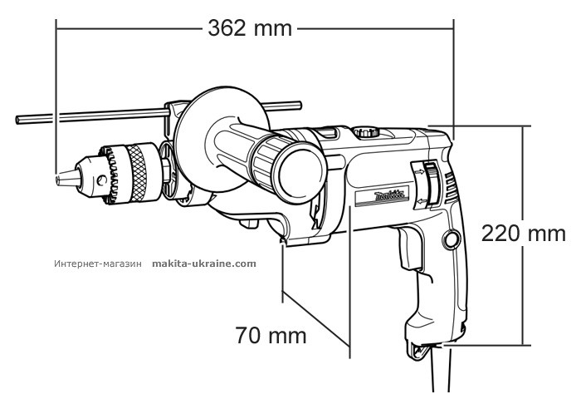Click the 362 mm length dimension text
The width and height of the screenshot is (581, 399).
250,27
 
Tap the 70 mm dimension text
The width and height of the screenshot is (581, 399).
271,336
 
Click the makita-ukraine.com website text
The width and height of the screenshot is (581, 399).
204,263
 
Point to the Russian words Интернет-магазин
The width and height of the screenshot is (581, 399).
99,263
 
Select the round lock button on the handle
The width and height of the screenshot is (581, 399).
452,239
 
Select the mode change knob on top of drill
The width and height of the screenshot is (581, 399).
365,131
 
